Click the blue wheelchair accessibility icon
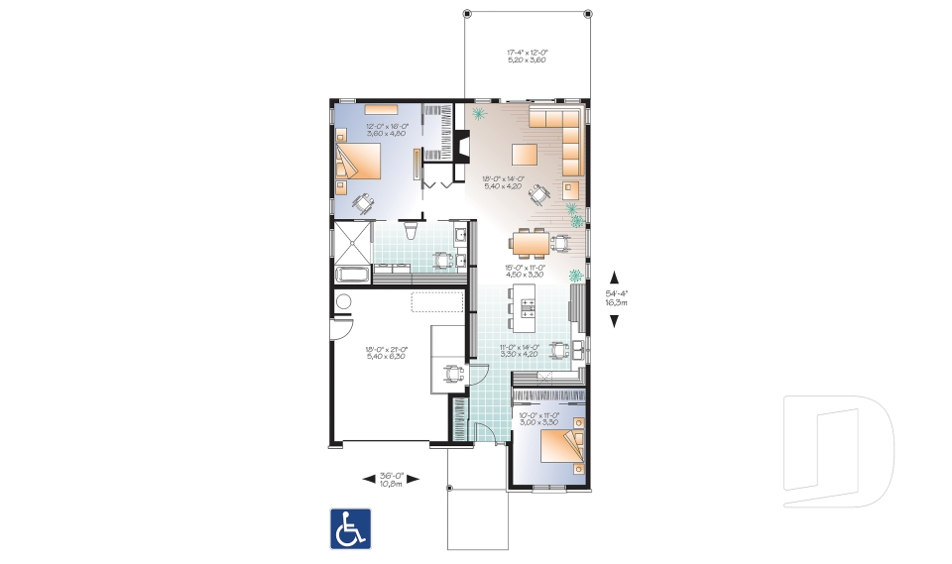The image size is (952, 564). click(x=350, y=528)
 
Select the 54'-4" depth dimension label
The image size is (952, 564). click(x=617, y=297)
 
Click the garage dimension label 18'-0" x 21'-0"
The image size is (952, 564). click(x=387, y=352)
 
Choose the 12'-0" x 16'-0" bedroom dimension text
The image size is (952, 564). click(x=386, y=132)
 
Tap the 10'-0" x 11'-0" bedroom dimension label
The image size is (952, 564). click(x=540, y=418)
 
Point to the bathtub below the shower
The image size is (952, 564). click(x=352, y=275)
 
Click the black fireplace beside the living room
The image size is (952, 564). click(x=460, y=148)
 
